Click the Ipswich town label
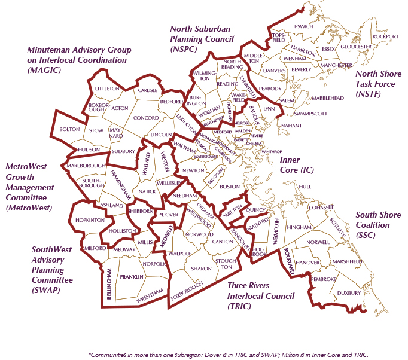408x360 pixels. pyautogui.click(x=303, y=26)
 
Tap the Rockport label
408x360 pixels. pyautogui.click(x=385, y=36)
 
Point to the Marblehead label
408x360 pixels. pyautogui.click(x=326, y=97)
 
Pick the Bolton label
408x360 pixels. pyautogui.click(x=70, y=129)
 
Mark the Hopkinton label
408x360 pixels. pyautogui.click(x=90, y=220)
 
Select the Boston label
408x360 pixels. pyautogui.click(x=229, y=187)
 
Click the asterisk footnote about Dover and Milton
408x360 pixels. pyautogui.click(x=227, y=353)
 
